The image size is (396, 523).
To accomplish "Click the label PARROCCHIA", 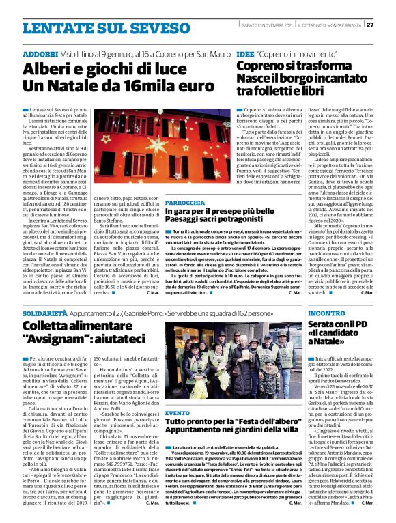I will click(x=184, y=184).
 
